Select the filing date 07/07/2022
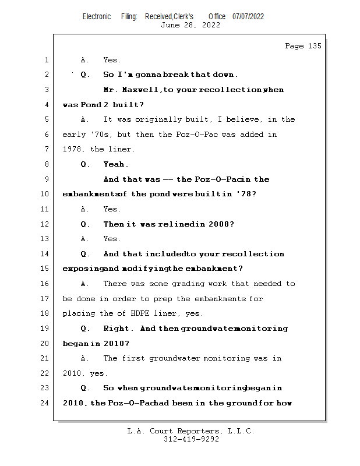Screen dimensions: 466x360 [x=248, y=16]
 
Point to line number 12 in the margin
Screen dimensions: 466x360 [x=45, y=224]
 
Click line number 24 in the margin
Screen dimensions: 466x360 [x=45, y=403]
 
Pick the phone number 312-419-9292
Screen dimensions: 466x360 [x=191, y=439]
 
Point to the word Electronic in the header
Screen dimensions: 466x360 [x=97, y=16]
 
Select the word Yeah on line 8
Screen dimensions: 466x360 [x=115, y=164]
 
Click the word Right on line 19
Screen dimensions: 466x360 [x=117, y=329]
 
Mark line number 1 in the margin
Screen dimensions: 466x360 [x=45, y=60]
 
